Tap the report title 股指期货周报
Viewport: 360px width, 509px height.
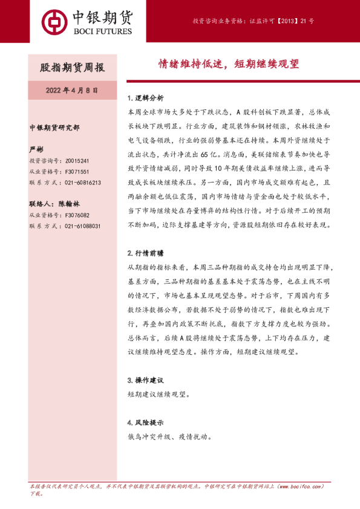pos(72,66)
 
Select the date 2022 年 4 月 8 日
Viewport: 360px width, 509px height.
pos(72,90)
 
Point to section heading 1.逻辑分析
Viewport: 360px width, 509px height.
pos(145,98)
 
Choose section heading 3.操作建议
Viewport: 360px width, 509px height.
pos(145,380)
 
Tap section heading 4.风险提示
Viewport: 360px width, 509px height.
pos(145,422)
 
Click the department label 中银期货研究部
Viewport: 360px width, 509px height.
pos(54,128)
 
